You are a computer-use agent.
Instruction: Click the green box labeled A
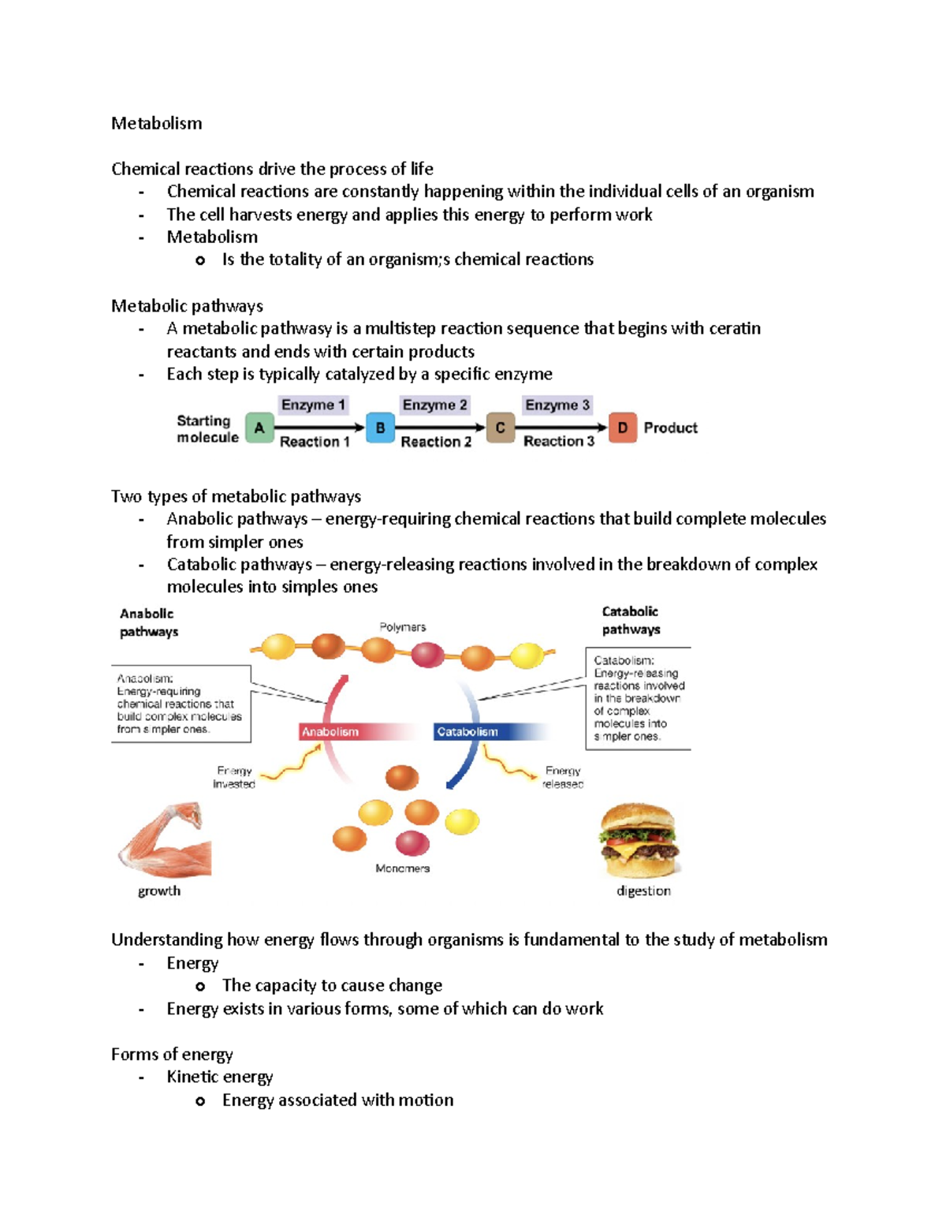click(259, 428)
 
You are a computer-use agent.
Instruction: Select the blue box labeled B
click(380, 428)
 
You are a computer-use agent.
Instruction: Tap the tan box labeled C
click(500, 428)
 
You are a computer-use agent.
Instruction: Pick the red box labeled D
click(622, 428)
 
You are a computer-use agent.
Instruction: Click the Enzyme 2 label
click(434, 405)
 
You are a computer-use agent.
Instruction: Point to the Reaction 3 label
click(558, 441)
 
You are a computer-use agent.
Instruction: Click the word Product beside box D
click(670, 428)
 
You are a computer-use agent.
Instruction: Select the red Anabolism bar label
click(330, 732)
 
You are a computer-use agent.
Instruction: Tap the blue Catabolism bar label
click(467, 732)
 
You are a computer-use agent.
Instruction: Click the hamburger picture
click(639, 840)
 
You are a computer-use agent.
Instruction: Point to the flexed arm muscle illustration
click(166, 840)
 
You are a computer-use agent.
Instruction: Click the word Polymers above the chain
click(402, 627)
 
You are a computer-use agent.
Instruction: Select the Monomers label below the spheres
click(402, 868)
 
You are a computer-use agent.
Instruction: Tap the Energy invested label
click(234, 777)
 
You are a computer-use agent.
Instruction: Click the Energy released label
click(563, 777)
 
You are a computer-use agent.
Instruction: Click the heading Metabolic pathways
click(187, 306)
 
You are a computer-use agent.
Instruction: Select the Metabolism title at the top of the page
click(156, 123)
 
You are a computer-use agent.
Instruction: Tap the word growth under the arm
click(159, 891)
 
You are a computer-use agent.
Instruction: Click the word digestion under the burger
click(643, 891)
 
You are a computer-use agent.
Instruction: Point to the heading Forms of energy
click(172, 1055)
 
